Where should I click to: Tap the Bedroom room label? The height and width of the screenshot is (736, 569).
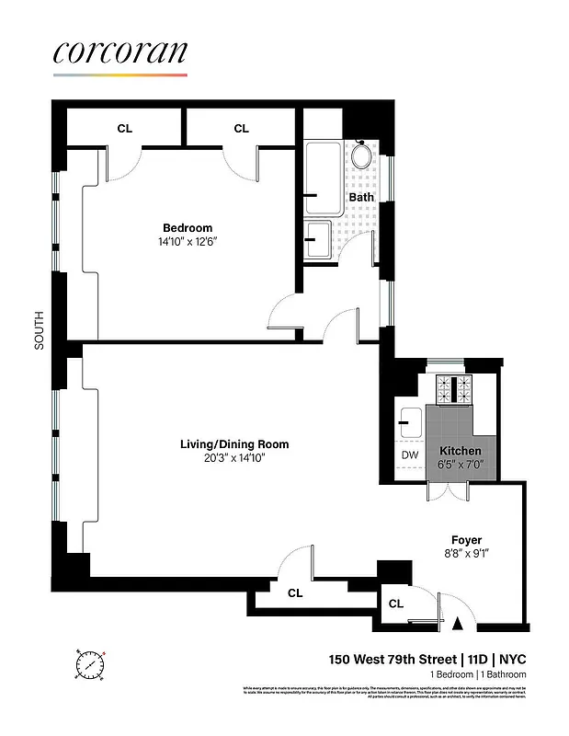tap(188, 228)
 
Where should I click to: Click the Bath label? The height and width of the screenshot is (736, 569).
tap(360, 197)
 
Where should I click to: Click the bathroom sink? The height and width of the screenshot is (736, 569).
tap(320, 238)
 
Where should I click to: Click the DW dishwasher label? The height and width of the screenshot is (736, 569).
tap(410, 454)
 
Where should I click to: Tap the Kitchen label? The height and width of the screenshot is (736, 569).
tap(461, 451)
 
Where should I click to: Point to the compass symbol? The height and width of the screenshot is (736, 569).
tap(92, 664)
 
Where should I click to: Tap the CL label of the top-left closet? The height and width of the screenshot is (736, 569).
tap(124, 129)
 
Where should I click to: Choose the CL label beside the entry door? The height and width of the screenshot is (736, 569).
tap(396, 604)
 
